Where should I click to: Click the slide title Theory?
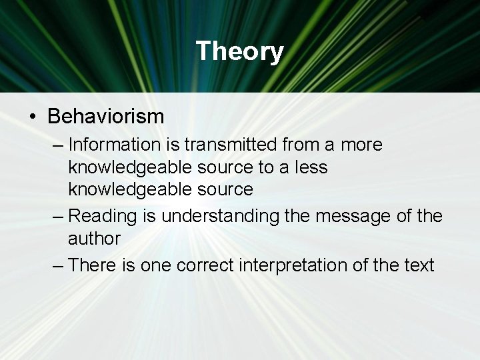pos(240,51)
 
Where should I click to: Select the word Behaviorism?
pos(105,117)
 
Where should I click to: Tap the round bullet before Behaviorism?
pos(33,117)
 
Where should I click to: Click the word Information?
pos(114,145)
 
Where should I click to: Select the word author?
pos(94,238)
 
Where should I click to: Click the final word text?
pos(418,265)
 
